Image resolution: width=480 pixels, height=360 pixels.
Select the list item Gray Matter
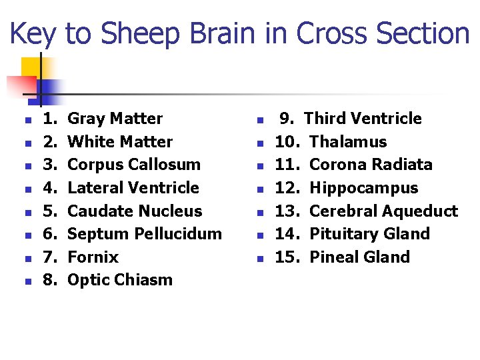tap(115, 119)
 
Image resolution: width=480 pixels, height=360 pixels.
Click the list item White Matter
tap(120, 142)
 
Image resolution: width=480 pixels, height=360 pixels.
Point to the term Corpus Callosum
tap(134, 165)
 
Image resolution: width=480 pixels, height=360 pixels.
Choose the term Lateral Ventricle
tap(133, 188)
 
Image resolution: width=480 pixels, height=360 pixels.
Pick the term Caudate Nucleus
tap(135, 211)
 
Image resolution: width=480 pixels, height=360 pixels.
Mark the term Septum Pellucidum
tap(145, 234)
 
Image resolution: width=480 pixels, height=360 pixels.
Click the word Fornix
tap(93, 257)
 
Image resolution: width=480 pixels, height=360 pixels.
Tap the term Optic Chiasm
tap(120, 280)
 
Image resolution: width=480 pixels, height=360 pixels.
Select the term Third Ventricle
tap(363, 119)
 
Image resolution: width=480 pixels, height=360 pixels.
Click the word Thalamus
tap(349, 142)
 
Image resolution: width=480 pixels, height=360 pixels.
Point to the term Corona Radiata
tap(371, 165)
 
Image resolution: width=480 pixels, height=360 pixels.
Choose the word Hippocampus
tap(364, 188)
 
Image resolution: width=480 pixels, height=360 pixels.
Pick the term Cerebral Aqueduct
tap(384, 211)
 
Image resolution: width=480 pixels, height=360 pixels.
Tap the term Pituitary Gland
tap(370, 234)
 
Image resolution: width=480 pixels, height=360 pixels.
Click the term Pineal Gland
tap(360, 257)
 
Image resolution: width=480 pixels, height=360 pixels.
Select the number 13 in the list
tap(286, 211)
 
